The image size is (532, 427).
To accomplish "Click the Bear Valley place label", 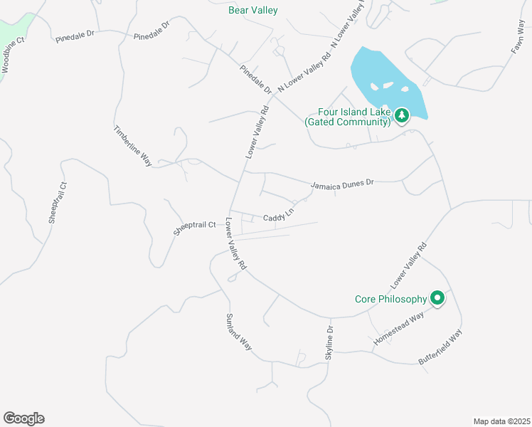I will point(252,10).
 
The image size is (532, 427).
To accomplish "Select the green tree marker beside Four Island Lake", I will point(402,115).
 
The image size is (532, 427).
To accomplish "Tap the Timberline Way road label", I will point(133,146).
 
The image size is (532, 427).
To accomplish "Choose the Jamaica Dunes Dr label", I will point(342,184).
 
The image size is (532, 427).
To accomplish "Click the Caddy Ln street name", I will point(279,215).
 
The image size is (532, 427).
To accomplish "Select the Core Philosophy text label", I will point(390,299).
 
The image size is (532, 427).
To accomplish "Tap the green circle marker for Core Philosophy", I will point(437,298).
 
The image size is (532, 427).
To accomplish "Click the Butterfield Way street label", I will point(440,348).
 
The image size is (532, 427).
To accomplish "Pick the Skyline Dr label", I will point(329,342).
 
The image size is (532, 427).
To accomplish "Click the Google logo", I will point(23,418).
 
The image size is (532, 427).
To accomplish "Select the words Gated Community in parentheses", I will point(348,122).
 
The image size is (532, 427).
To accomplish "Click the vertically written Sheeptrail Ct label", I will point(57,202).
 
